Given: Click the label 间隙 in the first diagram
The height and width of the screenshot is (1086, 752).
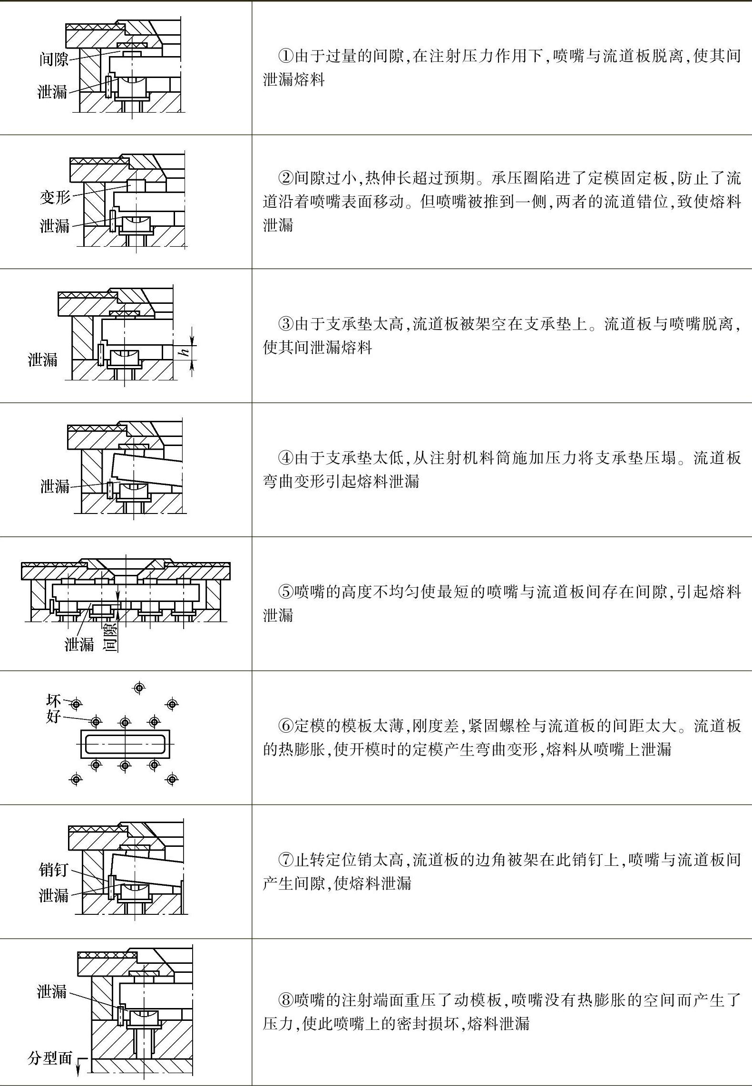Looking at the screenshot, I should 54,59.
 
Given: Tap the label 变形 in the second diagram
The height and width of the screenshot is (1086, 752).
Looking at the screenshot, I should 55,196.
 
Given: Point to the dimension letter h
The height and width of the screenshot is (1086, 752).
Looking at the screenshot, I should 185,352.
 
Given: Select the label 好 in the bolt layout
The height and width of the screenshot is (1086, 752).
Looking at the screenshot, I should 53,716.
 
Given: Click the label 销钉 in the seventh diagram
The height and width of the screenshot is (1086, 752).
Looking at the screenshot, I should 54,870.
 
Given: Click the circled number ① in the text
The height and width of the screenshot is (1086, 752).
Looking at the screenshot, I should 285,56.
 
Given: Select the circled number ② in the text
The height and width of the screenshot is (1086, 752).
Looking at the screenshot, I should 285,178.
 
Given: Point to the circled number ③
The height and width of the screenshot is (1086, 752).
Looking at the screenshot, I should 285,324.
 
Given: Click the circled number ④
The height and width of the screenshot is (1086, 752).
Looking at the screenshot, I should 285,458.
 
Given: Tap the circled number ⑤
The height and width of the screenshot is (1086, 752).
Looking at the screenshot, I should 285,592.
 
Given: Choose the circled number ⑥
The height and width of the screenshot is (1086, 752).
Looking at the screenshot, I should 285,726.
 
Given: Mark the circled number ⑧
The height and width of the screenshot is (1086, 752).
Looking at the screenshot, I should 285,1000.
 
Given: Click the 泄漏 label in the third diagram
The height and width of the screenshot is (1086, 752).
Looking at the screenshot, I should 43,359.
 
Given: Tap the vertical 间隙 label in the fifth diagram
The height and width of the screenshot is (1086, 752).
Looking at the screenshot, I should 110,637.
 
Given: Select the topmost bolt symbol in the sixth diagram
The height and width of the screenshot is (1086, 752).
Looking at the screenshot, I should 139,688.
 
